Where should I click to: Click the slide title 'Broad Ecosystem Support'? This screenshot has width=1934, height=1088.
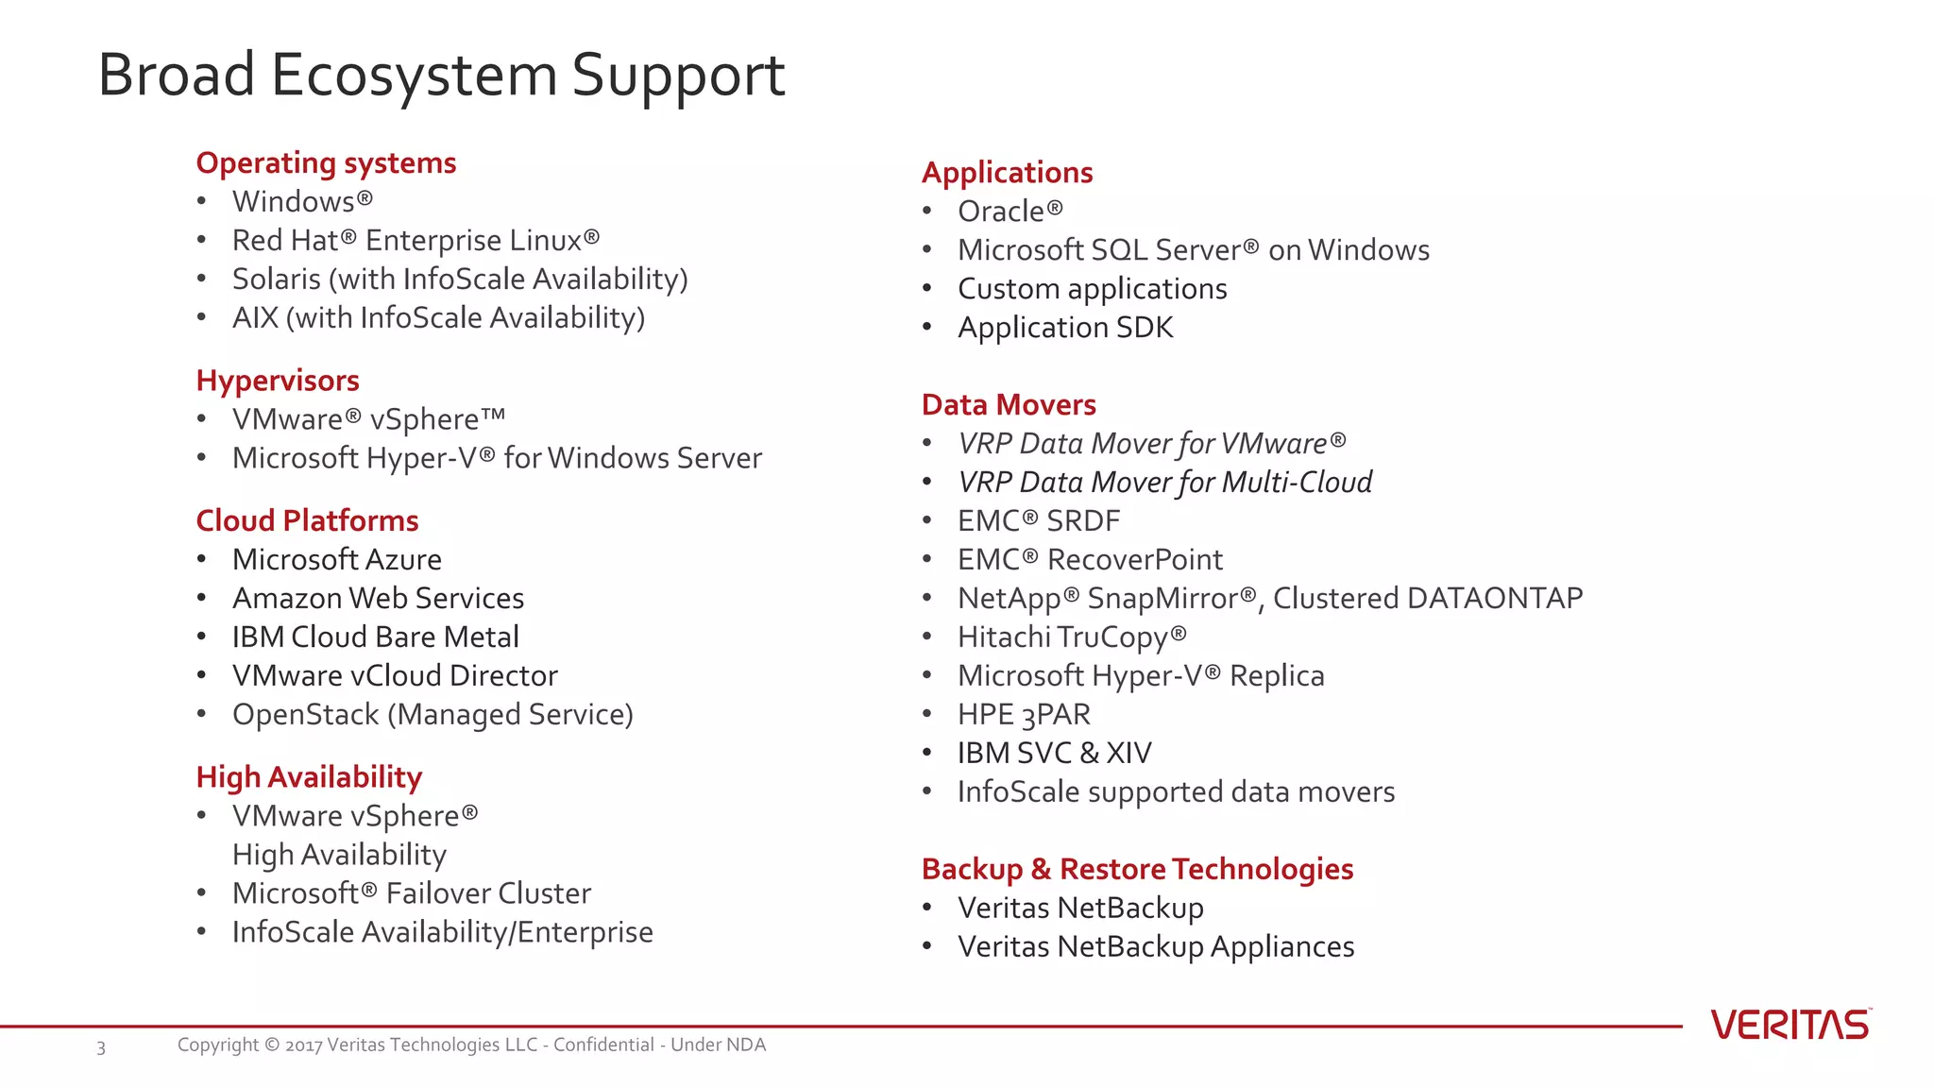pyautogui.click(x=441, y=75)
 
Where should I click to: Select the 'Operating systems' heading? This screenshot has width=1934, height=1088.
pyautogui.click(x=326, y=163)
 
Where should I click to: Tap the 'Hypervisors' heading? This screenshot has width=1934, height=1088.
pyautogui.click(x=278, y=381)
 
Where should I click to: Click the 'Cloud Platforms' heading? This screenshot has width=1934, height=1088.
pyautogui.click(x=307, y=520)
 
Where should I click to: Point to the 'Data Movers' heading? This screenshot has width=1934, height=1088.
pyautogui.click(x=1009, y=405)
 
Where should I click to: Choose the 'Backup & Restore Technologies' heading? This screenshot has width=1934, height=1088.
pyautogui.click(x=1137, y=869)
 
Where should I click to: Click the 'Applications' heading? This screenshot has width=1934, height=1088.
pyautogui.click(x=1007, y=173)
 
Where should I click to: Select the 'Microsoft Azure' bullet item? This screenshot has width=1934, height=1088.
pyautogui.click(x=337, y=559)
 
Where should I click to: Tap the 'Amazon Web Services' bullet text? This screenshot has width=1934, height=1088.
pyautogui.click(x=378, y=598)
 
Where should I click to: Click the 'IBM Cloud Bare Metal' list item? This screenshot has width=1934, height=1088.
pyautogui.click(x=376, y=637)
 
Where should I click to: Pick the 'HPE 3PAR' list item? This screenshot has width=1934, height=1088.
pyautogui.click(x=1024, y=715)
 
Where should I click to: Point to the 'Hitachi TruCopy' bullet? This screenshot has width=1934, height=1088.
pyautogui.click(x=1071, y=637)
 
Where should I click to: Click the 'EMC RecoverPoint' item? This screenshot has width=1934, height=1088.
pyautogui.click(x=1090, y=560)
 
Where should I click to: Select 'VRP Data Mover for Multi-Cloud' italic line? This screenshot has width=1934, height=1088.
pyautogui.click(x=1164, y=483)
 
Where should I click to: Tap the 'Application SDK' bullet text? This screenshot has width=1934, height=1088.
pyautogui.click(x=1065, y=328)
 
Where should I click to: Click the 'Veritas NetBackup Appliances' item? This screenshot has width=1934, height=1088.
pyautogui.click(x=1156, y=946)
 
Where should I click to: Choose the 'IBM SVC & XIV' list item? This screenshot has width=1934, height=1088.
pyautogui.click(x=1054, y=754)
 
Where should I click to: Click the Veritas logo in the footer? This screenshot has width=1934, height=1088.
pyautogui.click(x=1790, y=1025)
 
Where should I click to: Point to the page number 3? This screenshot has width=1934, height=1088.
pyautogui.click(x=101, y=1047)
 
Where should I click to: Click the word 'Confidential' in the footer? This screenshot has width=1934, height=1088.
pyautogui.click(x=603, y=1045)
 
